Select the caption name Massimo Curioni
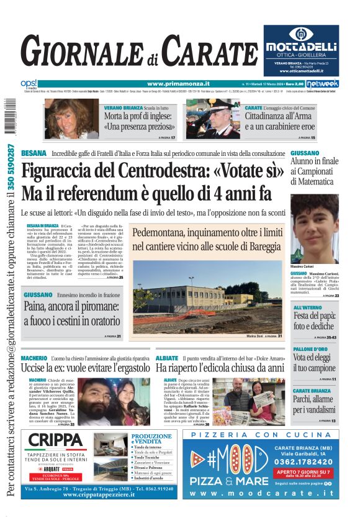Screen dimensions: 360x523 (x=305, y=266)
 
